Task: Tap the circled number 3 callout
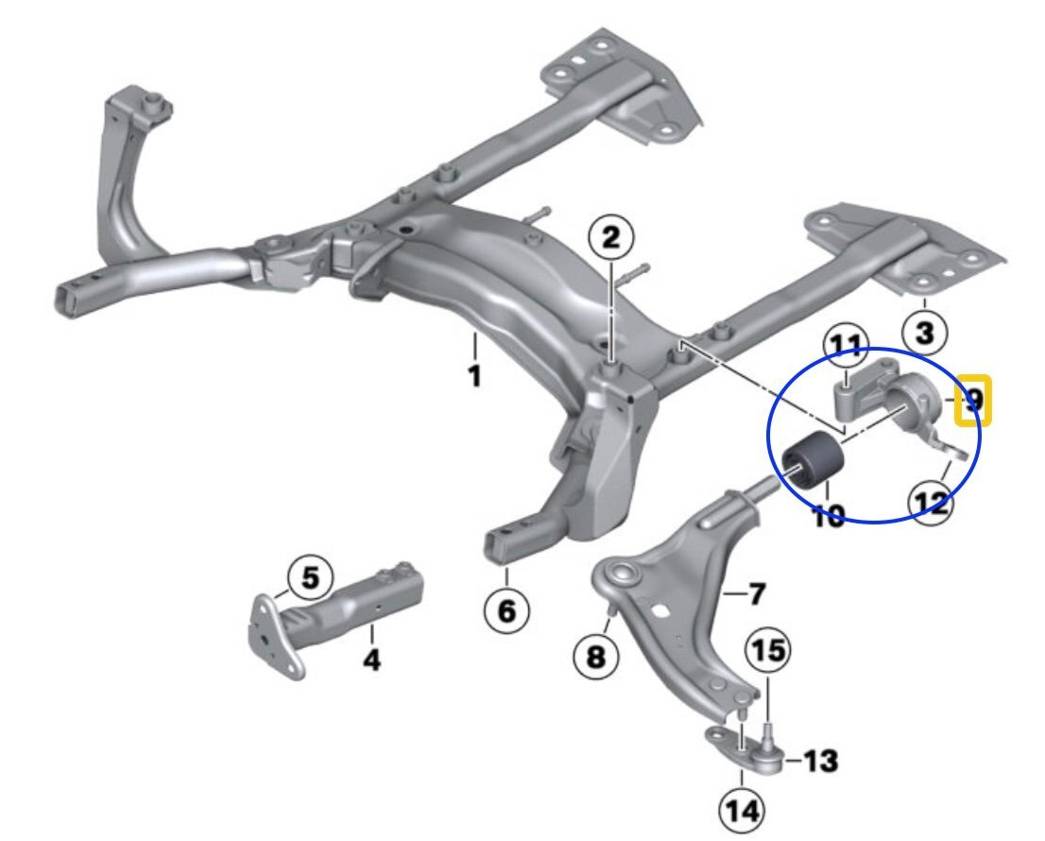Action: coord(924,332)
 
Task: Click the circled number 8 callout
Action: coord(596,656)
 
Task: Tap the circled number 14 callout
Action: coord(741,809)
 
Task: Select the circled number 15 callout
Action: coord(767,651)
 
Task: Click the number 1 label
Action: coord(474,376)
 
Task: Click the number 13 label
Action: coord(822,761)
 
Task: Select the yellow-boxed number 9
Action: coord(970,402)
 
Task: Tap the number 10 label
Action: coord(828,516)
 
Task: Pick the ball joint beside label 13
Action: coord(768,755)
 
